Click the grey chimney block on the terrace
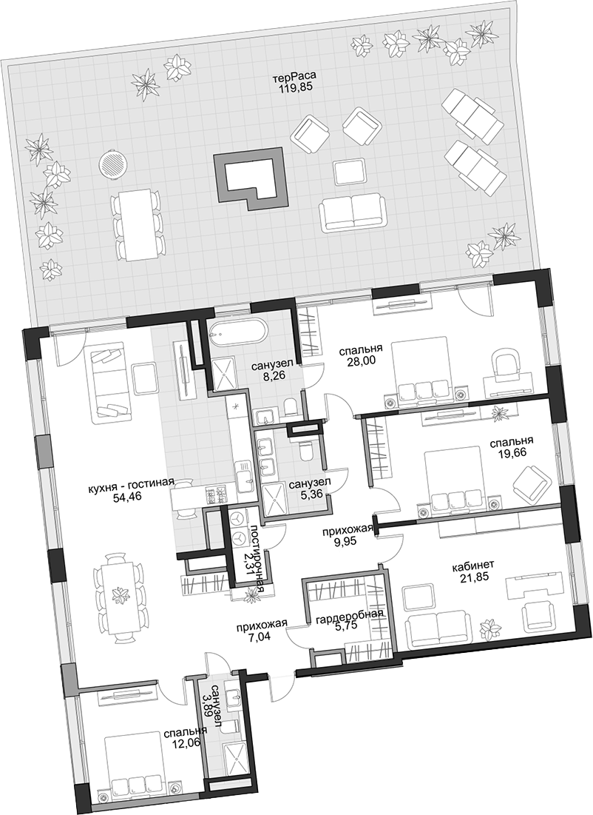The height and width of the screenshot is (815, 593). [x=250, y=178]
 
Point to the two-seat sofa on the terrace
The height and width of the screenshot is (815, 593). [x=353, y=214]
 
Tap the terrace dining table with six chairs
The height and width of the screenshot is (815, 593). [x=137, y=224]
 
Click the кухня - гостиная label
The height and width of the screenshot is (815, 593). [x=130, y=481]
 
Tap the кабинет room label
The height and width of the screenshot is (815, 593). [x=472, y=564]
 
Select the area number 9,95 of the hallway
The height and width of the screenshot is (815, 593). [x=348, y=540]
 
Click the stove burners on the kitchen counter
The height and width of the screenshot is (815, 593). [x=217, y=494]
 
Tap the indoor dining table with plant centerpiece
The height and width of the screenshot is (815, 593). [x=119, y=594]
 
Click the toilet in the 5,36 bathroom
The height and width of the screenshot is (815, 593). [x=305, y=449]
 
